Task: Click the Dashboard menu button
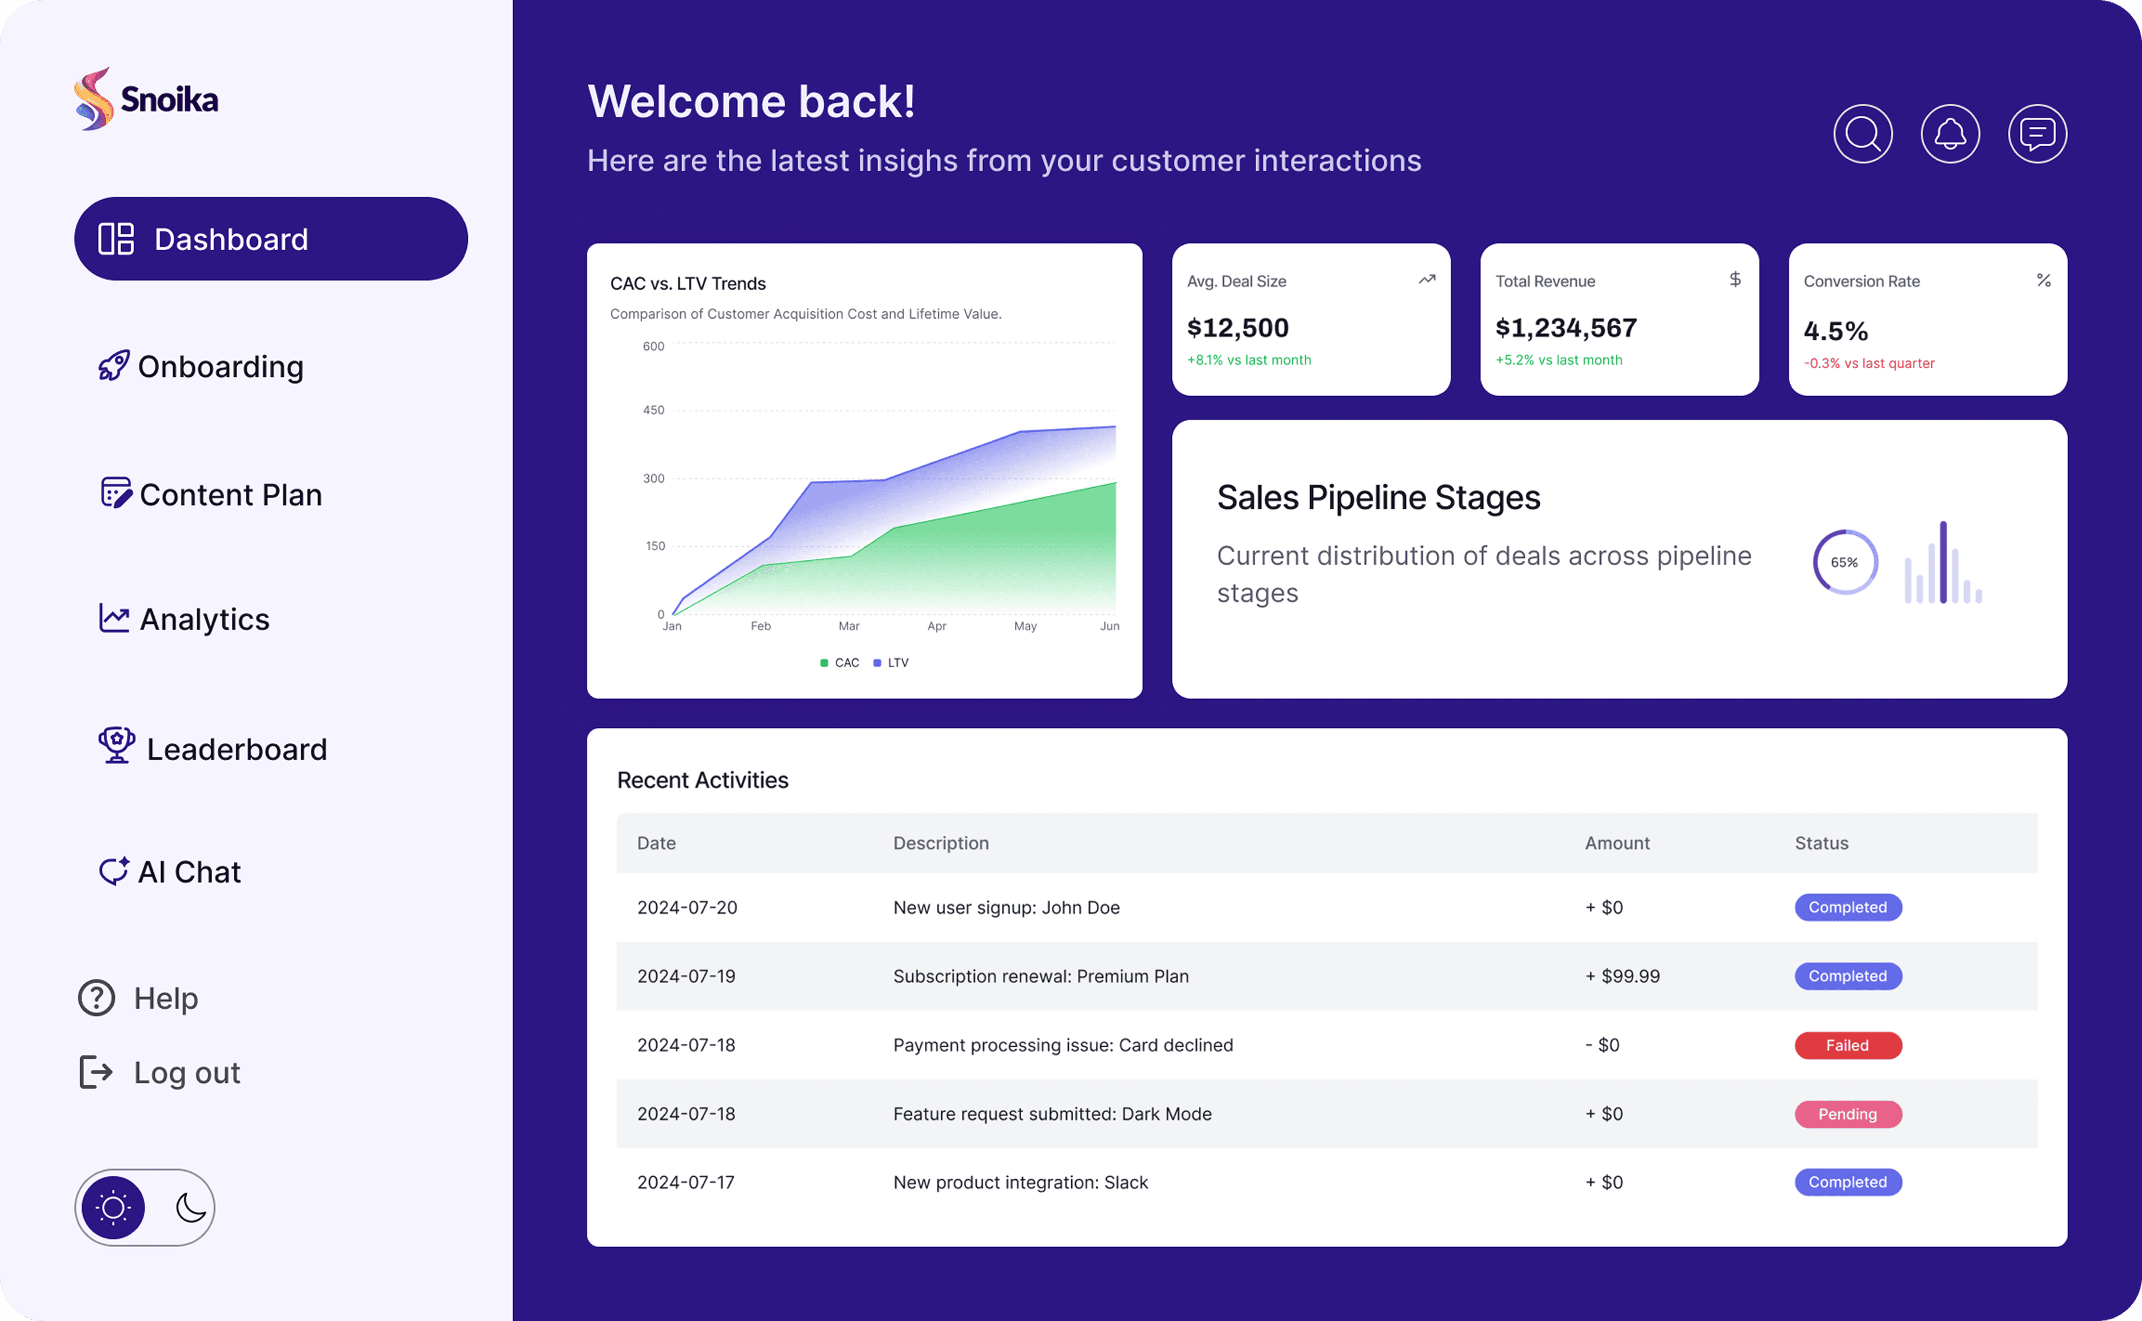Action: pos(271,239)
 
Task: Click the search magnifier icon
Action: pos(1862,134)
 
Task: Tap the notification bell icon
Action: pos(1950,134)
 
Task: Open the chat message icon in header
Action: pos(2037,134)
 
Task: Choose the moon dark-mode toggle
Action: pos(190,1207)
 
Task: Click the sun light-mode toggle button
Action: pos(114,1207)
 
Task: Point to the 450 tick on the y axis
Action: pos(653,410)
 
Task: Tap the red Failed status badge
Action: pos(1848,1045)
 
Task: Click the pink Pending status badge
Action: pos(1848,1114)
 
